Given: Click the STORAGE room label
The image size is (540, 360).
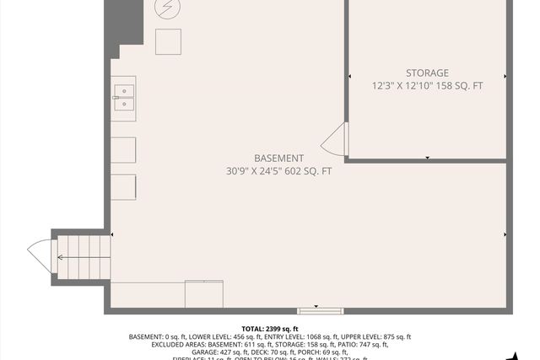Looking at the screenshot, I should click(x=426, y=73).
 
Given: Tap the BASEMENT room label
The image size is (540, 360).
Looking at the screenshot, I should click(x=278, y=158).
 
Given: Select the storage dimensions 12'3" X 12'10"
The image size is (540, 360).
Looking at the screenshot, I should click(x=402, y=85).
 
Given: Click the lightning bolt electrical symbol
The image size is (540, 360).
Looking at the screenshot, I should click(x=167, y=9).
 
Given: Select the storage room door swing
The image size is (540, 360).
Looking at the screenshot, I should click(x=335, y=140).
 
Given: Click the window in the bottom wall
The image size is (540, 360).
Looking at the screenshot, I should click(x=321, y=309).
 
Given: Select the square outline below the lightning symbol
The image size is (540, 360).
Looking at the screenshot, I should click(x=168, y=40).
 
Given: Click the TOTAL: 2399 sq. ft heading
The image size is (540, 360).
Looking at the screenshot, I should click(x=270, y=329).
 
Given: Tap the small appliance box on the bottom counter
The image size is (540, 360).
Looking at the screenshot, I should click(x=204, y=293).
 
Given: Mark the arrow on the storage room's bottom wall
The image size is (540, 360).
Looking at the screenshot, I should click(x=428, y=158).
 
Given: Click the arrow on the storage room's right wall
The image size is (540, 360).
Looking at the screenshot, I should click(x=505, y=76).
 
